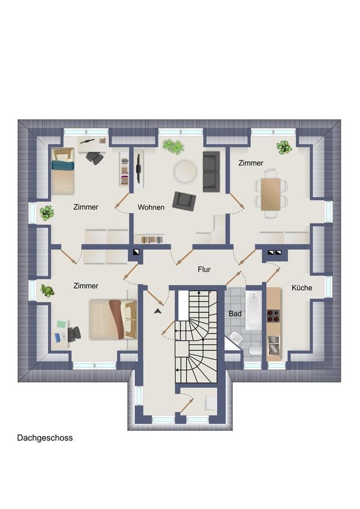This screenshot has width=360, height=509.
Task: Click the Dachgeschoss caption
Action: [x=45, y=438]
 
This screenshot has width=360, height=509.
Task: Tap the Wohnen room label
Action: [x=151, y=207]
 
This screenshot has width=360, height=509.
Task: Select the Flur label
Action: [x=204, y=269]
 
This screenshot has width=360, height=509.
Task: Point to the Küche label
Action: [x=302, y=287]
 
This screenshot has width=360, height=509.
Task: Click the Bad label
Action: [x=235, y=313]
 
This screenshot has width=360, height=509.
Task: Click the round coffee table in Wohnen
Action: [x=186, y=172]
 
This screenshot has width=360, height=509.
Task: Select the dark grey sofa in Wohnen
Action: [x=212, y=171]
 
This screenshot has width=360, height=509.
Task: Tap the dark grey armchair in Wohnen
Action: [x=184, y=200]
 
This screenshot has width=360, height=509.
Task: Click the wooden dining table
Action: [x=271, y=194]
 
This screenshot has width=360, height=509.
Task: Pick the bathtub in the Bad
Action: [x=253, y=310]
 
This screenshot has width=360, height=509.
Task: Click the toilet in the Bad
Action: [x=254, y=350]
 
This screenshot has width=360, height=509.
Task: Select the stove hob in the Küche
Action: [x=274, y=316]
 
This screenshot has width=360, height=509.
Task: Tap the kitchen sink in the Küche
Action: [x=274, y=345]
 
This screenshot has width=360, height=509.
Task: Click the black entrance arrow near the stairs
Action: [x=158, y=311]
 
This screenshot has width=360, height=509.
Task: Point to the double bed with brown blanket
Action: [x=113, y=320]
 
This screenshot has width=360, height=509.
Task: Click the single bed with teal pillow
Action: [x=63, y=171]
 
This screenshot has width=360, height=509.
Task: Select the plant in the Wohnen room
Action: [x=173, y=146]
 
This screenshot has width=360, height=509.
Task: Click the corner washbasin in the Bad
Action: [x=235, y=338]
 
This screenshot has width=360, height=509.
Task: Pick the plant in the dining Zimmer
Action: [x=284, y=147]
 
